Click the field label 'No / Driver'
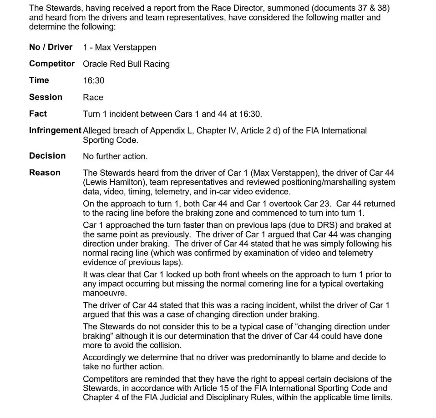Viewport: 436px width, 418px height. [x=51, y=47]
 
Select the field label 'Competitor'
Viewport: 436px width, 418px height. [x=52, y=64]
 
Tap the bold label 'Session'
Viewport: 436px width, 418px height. [x=46, y=97]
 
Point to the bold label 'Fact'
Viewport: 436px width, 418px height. [x=38, y=114]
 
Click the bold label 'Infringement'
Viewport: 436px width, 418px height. [x=55, y=130]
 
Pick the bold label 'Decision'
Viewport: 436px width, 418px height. [x=47, y=156]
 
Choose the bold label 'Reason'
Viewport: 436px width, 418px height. [x=45, y=173]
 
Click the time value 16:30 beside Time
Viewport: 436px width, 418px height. [x=93, y=80]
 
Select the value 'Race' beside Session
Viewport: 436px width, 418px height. [x=93, y=97]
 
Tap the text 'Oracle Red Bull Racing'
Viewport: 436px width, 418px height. [x=126, y=64]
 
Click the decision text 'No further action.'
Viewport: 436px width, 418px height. [x=115, y=156]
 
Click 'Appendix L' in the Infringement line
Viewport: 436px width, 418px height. [x=168, y=131]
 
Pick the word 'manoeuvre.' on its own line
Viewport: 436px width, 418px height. [x=104, y=294]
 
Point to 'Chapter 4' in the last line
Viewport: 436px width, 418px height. [x=101, y=398]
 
